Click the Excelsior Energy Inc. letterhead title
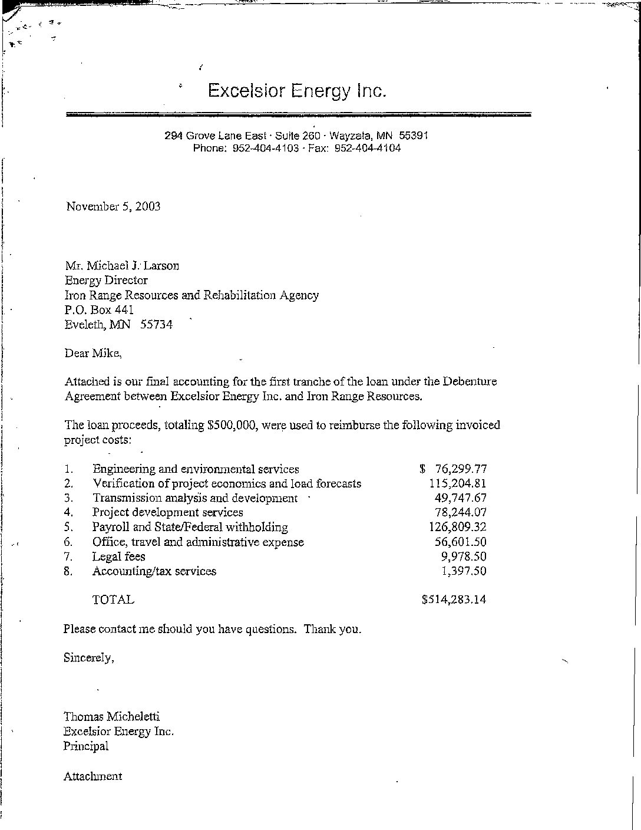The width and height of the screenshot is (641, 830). pos(297,91)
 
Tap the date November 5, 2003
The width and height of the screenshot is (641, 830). pos(113,206)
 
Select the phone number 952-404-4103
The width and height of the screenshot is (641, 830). pos(266,149)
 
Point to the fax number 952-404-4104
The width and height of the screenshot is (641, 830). pos(367,149)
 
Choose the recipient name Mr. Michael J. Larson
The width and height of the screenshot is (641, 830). pos(122,266)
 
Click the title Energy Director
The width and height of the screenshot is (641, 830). pos(106,281)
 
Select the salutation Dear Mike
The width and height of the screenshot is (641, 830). pos(93,354)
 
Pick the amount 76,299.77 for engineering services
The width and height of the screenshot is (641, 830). pos(460,469)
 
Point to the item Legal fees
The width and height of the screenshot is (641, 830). pos(118,556)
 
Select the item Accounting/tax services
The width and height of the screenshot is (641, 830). pos(154,571)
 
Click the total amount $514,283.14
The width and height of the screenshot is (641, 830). pos(454,600)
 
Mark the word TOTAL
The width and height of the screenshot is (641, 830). pos(113,600)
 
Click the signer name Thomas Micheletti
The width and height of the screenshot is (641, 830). pos(111,717)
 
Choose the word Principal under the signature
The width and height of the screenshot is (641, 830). pos(86,746)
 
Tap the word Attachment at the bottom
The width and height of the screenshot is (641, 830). pos(92,776)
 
